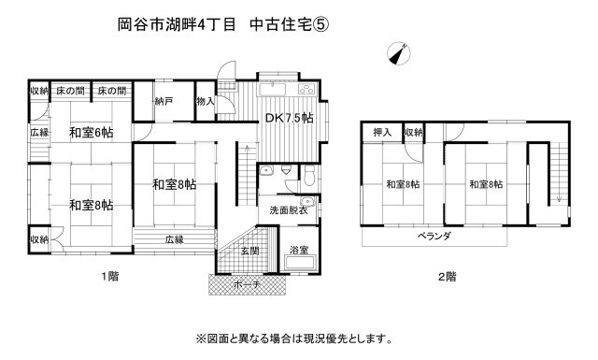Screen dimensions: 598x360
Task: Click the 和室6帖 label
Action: point(91,133)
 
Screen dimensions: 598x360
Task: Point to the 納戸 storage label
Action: point(163,101)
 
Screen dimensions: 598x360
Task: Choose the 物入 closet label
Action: point(206,101)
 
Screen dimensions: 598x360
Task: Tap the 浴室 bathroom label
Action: point(298,251)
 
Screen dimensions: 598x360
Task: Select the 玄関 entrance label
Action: point(249,250)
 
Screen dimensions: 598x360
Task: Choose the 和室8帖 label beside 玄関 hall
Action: point(174,184)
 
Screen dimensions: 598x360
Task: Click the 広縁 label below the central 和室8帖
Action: point(175,238)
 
